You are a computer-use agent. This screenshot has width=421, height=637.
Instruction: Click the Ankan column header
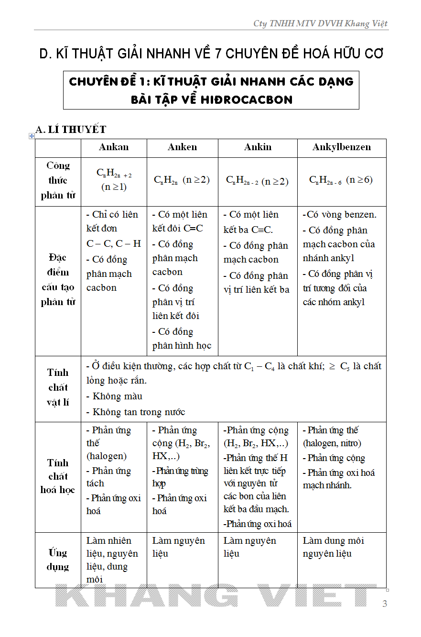[114, 147]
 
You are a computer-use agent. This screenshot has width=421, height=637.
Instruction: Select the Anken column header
[182, 147]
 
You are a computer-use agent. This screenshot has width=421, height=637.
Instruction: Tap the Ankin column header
[258, 147]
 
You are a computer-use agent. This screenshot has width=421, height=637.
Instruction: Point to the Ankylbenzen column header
[342, 147]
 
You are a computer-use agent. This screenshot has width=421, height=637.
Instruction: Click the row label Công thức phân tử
[58, 180]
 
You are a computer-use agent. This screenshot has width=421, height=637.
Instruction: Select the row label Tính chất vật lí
[58, 387]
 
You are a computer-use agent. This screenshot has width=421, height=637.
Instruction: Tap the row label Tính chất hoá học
[58, 476]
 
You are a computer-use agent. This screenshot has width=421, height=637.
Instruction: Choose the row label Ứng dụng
[58, 560]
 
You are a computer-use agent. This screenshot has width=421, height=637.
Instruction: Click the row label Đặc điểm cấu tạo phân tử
[58, 280]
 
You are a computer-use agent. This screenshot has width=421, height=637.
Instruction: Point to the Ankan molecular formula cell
[114, 180]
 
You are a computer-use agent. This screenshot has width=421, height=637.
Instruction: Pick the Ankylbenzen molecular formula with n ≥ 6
[341, 180]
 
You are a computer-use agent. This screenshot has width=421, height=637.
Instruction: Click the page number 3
[385, 604]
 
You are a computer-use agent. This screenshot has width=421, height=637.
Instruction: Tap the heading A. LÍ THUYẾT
[71, 129]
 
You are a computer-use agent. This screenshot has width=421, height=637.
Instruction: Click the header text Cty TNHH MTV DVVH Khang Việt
[320, 23]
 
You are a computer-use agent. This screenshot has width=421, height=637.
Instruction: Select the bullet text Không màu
[117, 396]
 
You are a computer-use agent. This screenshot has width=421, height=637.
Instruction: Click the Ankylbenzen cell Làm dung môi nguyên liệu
[334, 547]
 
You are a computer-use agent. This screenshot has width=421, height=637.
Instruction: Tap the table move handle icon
[32, 136]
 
